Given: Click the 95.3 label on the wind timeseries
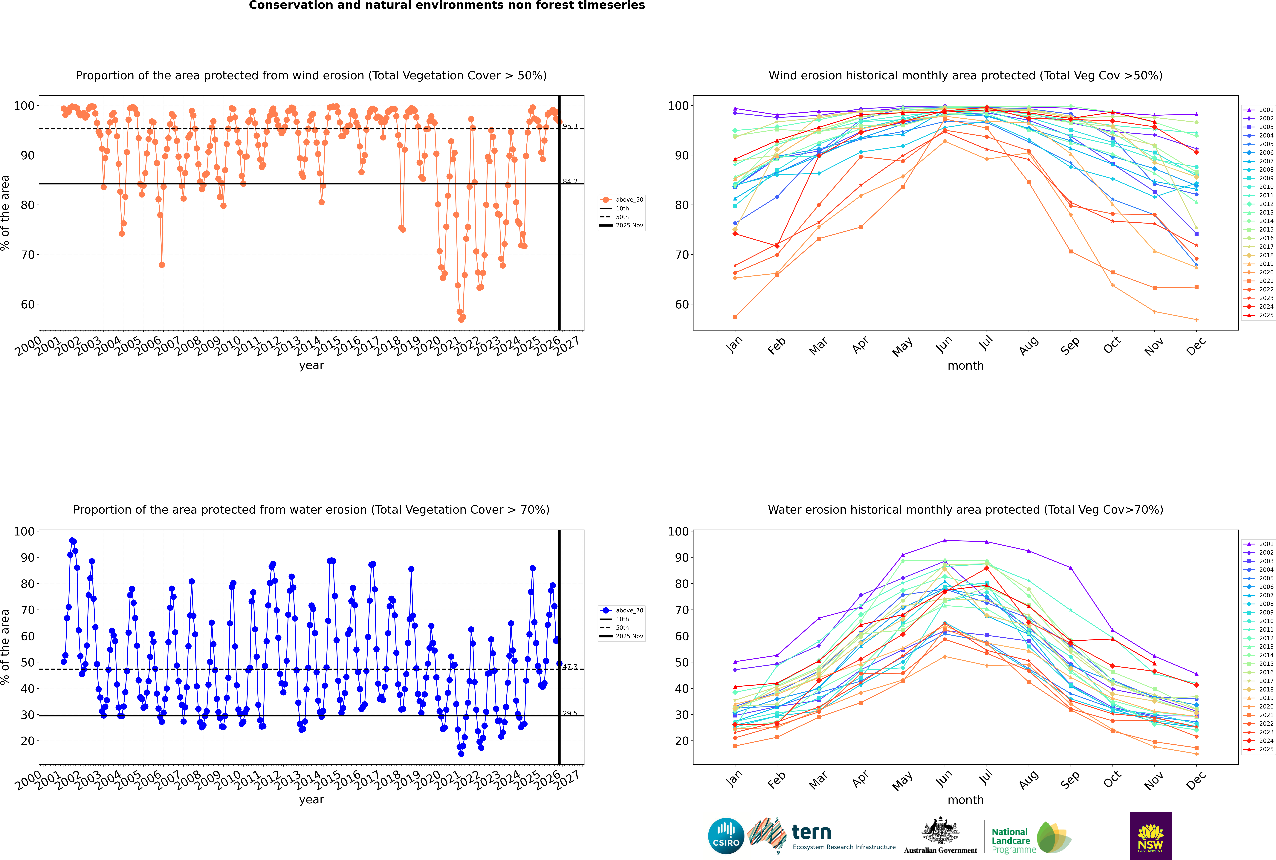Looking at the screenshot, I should click(x=570, y=127).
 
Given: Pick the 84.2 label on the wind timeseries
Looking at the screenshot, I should click(x=570, y=182).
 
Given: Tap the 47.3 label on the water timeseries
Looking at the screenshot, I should click(x=570, y=667).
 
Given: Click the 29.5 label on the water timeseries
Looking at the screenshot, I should click(x=570, y=714).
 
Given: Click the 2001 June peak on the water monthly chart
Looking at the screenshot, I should click(x=945, y=541).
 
